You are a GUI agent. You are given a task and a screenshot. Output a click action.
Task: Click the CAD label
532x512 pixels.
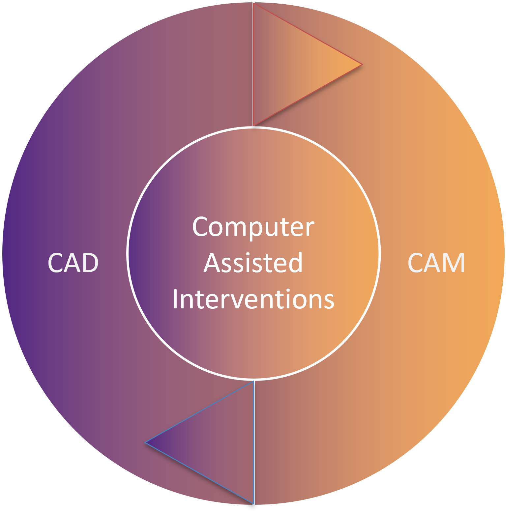point(73,263)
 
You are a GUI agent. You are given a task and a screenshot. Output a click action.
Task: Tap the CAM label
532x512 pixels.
point(436,263)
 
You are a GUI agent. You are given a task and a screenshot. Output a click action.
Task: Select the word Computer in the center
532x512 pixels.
point(253,227)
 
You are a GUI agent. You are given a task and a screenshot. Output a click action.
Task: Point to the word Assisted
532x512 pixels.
point(253,263)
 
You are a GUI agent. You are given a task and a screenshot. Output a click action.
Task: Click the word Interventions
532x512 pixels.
point(253,299)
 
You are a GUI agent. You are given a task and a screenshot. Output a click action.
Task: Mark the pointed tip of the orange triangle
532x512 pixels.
point(361,65)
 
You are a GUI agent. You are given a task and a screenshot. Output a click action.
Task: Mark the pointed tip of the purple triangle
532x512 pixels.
point(146,442)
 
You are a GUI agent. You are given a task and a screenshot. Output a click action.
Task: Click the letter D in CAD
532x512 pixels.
point(90,263)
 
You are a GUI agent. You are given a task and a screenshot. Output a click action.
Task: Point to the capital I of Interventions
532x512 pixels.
point(175,299)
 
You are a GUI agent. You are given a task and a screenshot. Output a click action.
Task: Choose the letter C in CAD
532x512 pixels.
point(56,263)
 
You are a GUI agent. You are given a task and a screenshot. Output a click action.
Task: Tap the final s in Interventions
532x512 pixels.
point(329,301)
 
